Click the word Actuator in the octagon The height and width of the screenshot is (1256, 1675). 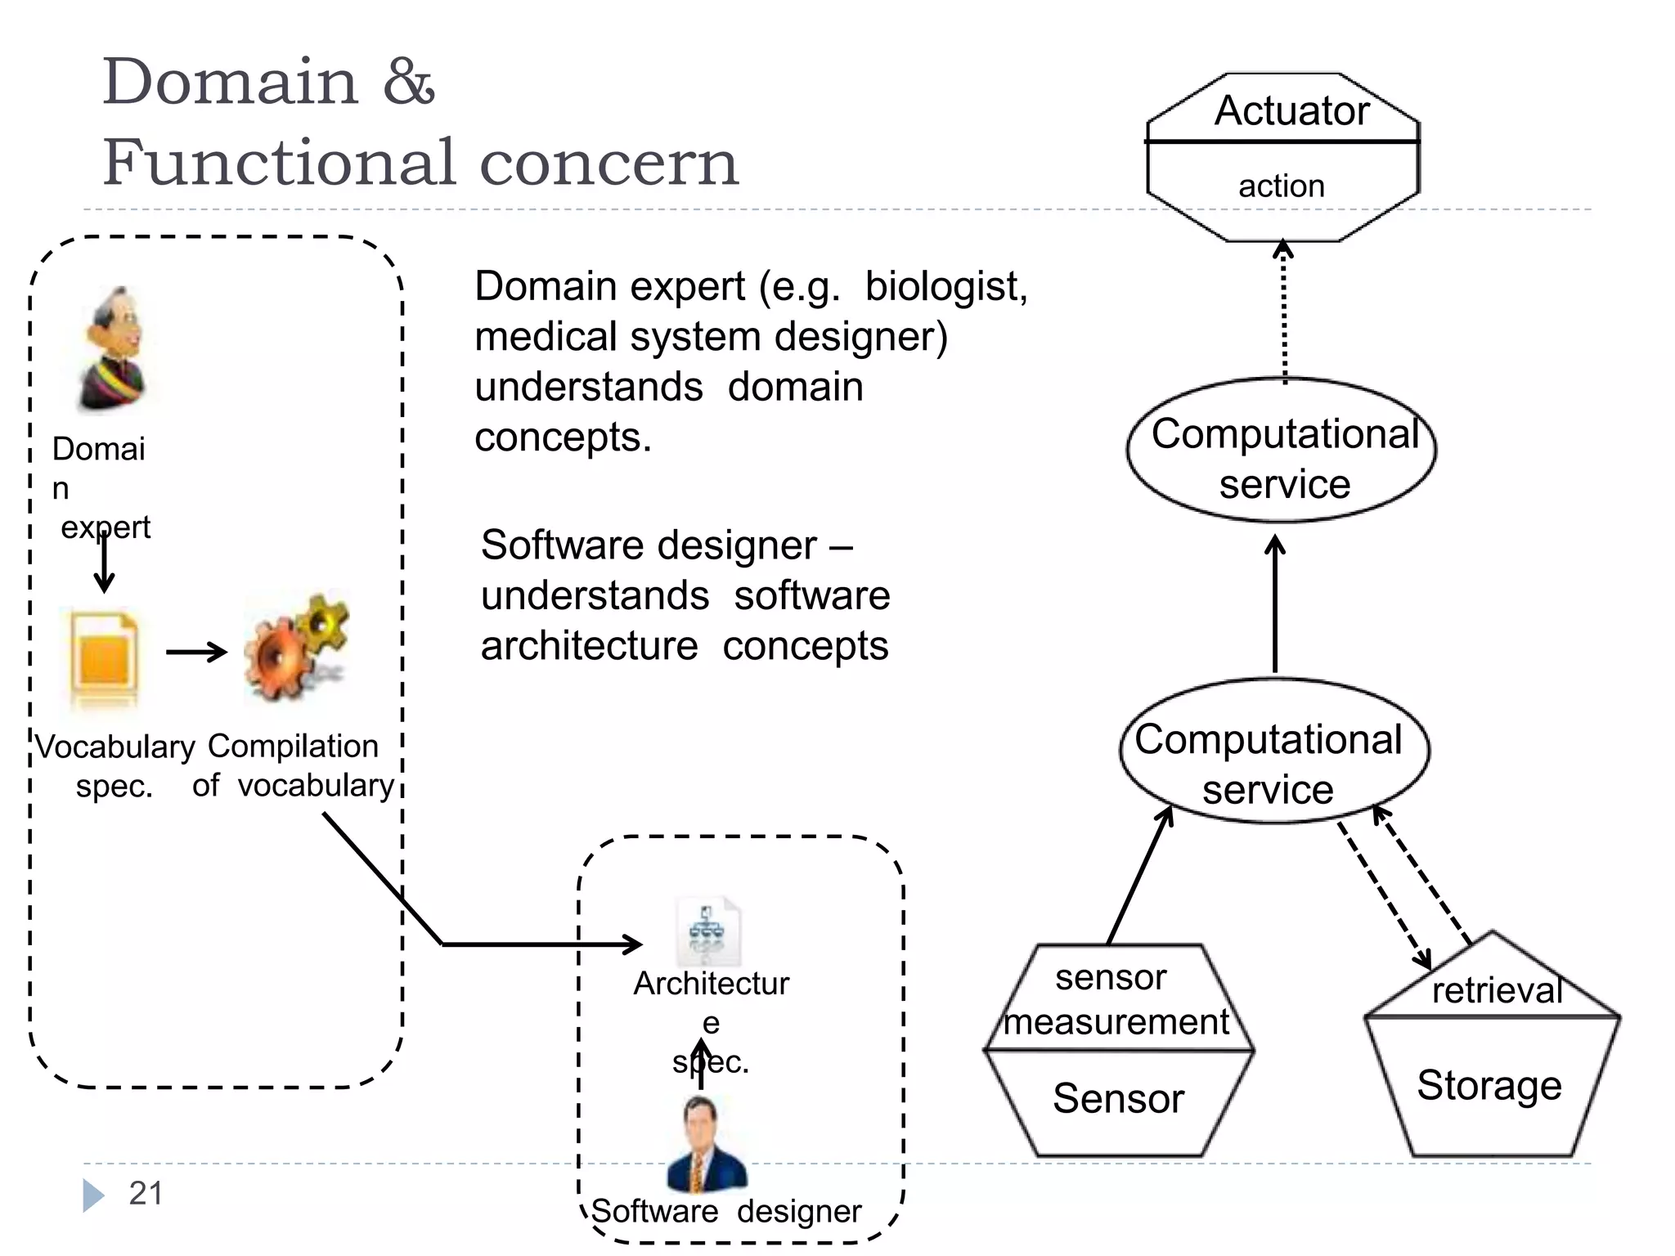[x=1291, y=110]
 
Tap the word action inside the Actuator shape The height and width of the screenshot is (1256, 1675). [x=1281, y=186]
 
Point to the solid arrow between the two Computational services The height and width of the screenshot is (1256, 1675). [x=1275, y=605]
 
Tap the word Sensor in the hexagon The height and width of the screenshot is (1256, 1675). [x=1118, y=1098]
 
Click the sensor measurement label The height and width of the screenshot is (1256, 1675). [x=1116, y=1000]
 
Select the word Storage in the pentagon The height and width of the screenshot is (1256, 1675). [x=1489, y=1086]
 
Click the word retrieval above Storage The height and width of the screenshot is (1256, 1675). [x=1497, y=991]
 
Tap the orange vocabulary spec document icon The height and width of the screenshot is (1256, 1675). [x=104, y=657]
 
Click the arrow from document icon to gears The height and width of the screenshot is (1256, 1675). [x=196, y=652]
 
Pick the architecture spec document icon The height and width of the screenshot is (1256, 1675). [x=707, y=932]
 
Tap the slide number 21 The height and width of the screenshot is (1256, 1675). [x=146, y=1194]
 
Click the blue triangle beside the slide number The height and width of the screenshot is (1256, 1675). [x=93, y=1195]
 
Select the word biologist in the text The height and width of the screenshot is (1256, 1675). [x=945, y=287]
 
